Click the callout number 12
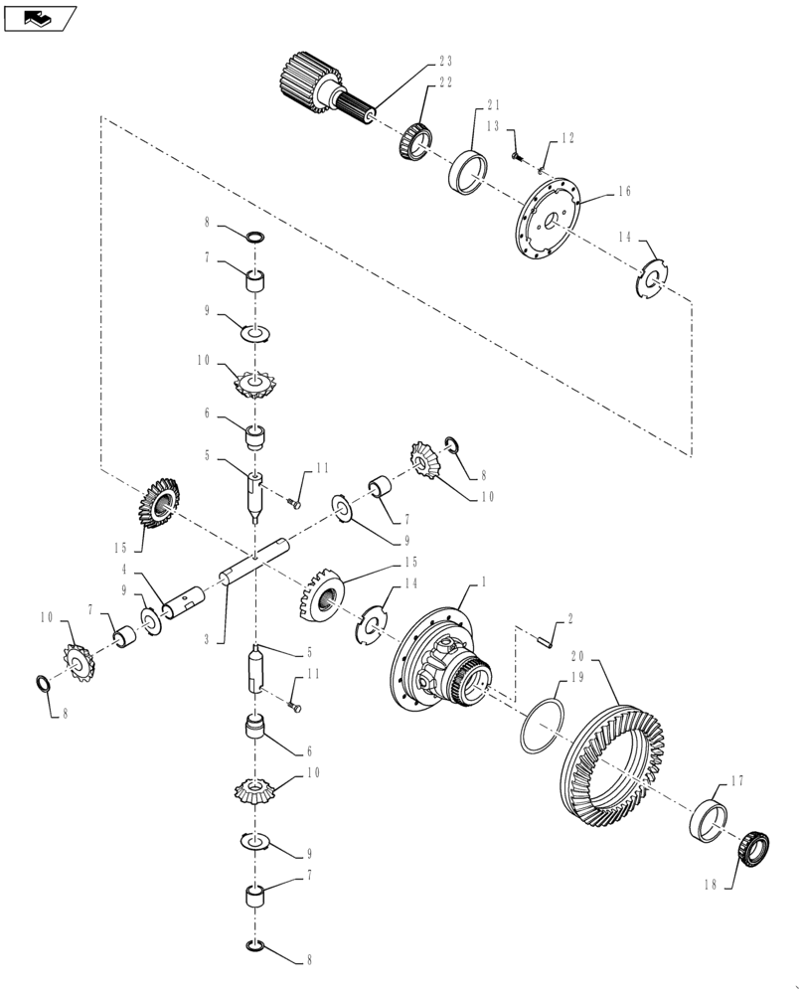coord(567,140)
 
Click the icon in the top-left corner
coord(41,17)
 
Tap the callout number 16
coord(624,192)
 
